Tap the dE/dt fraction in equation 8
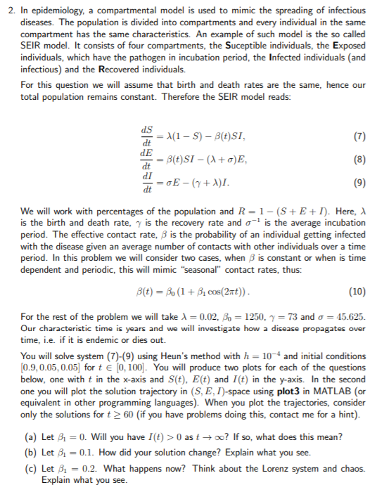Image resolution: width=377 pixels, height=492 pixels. (x=146, y=158)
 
